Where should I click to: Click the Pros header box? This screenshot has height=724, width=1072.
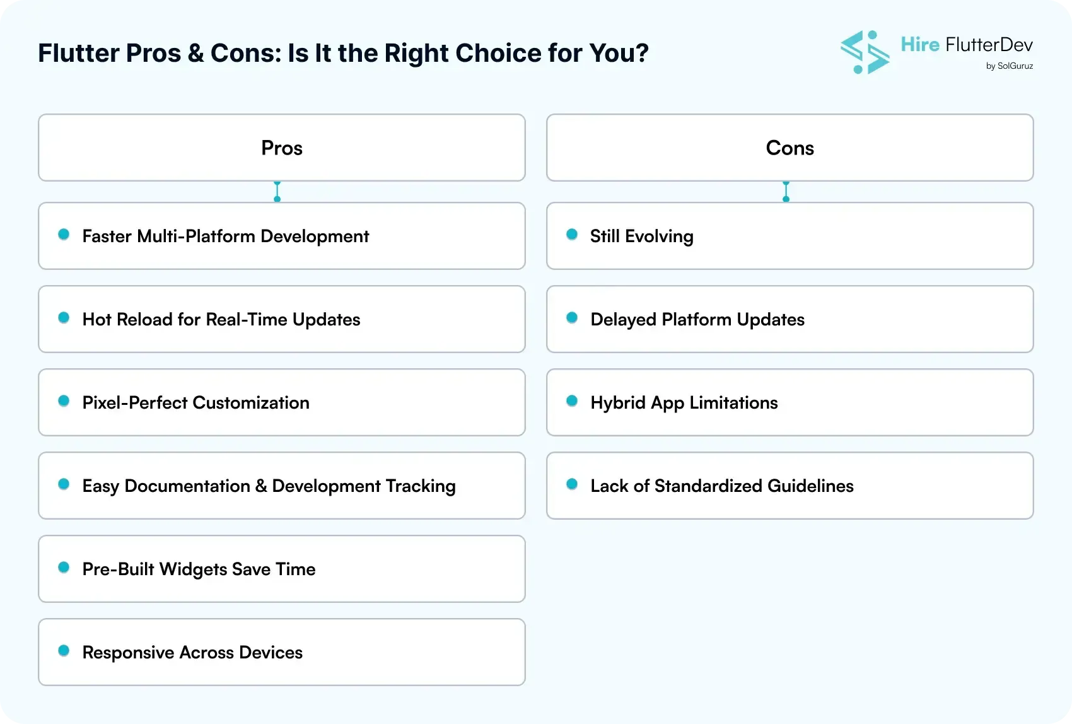click(x=281, y=148)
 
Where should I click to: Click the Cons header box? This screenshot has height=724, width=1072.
click(x=789, y=148)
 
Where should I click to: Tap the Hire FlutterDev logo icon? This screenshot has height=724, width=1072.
click(x=865, y=52)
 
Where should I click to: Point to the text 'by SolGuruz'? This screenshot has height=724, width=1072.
click(x=1009, y=66)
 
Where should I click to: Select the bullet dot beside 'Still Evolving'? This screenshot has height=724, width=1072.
click(x=572, y=235)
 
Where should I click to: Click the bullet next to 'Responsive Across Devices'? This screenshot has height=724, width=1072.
click(x=64, y=651)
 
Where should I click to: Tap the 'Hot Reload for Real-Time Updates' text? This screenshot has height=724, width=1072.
click(x=221, y=319)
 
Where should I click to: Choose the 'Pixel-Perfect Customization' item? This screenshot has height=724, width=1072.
click(x=196, y=402)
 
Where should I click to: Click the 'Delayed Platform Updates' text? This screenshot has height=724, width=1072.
click(x=697, y=319)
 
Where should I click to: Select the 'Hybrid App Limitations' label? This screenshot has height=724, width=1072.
click(x=684, y=402)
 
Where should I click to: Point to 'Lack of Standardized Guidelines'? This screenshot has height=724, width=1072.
click(x=722, y=486)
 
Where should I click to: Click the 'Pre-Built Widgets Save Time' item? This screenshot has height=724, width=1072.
click(x=199, y=569)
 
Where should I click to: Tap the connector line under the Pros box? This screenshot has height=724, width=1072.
click(x=277, y=191)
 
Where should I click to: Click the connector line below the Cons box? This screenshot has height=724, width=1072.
click(x=786, y=191)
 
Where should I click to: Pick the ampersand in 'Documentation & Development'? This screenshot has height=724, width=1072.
click(x=261, y=486)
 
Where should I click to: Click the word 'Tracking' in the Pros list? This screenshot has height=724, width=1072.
click(x=421, y=486)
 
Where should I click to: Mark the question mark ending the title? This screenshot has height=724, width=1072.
click(x=643, y=53)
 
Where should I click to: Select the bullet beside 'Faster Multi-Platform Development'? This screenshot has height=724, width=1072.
click(x=64, y=235)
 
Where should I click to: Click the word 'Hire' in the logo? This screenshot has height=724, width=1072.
click(x=920, y=44)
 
